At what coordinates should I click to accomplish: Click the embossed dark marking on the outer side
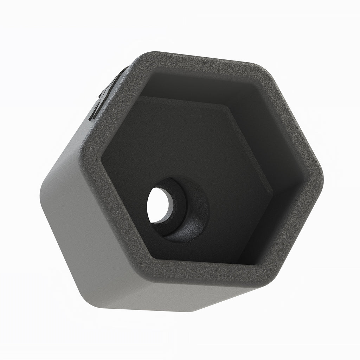click(102, 98)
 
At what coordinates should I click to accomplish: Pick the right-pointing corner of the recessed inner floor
click(272, 192)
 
